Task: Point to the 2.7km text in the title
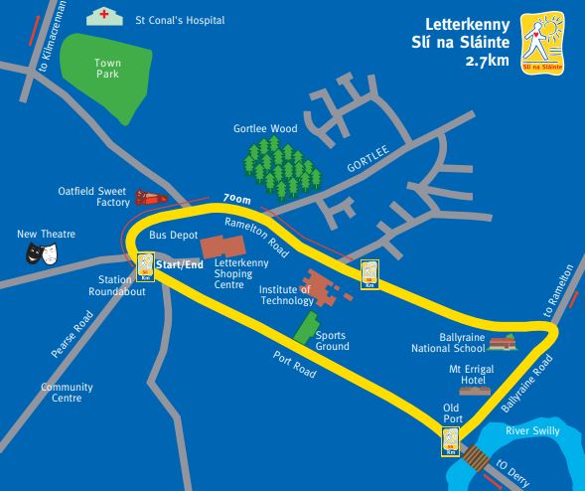tap(486, 62)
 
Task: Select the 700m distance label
tap(237, 199)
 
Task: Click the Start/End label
tap(180, 264)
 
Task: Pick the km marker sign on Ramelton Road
tap(370, 271)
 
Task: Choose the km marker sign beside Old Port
tap(450, 441)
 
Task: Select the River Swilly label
tap(532, 430)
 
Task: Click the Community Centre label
tap(67, 393)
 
